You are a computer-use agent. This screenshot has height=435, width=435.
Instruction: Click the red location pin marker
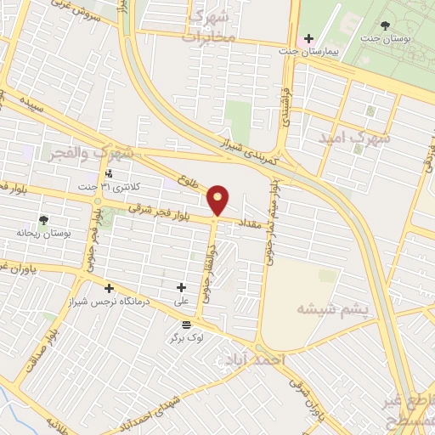pyautogui.click(x=219, y=200)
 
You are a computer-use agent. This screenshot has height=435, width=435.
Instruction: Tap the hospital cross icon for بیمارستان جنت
pyautogui.click(x=308, y=38)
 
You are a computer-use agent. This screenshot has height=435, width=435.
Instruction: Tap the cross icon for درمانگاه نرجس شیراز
pyautogui.click(x=109, y=287)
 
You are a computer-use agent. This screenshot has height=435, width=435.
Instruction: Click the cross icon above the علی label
pyautogui.click(x=181, y=287)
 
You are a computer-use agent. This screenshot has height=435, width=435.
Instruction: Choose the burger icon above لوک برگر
pyautogui.click(x=186, y=324)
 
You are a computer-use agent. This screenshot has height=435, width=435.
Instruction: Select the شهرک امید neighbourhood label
pyautogui.click(x=354, y=136)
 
